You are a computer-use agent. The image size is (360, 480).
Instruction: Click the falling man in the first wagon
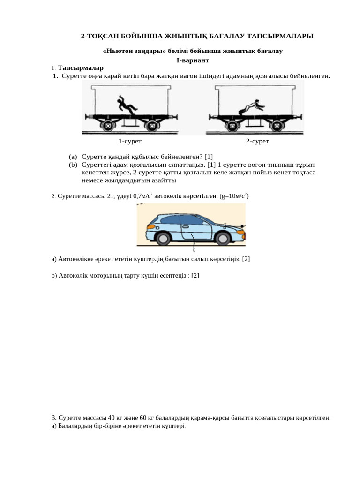[125, 105]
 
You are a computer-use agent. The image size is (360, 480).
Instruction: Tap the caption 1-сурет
[130, 141]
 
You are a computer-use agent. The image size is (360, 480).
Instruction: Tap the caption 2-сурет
[257, 141]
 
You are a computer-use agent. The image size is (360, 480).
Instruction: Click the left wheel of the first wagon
[107, 126]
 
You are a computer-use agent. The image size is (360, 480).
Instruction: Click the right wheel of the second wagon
[277, 126]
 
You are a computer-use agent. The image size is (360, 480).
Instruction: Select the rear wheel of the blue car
[163, 238]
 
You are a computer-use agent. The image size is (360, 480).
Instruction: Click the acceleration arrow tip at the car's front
[243, 226]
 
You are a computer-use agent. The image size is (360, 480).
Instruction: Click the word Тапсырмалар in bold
[81, 68]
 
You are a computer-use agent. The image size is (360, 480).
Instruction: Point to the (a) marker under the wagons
[73, 157]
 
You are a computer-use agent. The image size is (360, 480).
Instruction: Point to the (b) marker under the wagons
[73, 165]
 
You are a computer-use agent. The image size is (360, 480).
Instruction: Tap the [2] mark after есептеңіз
[195, 276]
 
